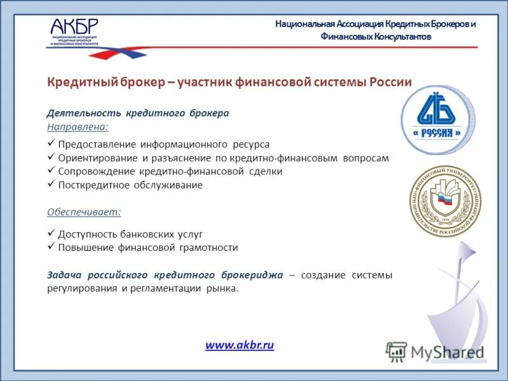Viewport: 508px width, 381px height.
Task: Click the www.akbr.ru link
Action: click(239, 345)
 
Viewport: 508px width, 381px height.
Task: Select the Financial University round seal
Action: click(444, 201)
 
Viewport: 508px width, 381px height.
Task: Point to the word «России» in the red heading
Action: click(389, 83)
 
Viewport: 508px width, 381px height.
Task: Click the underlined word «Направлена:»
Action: click(72, 127)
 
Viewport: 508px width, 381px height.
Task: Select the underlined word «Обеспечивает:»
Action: click(84, 211)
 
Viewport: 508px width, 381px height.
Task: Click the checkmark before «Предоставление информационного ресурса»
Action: click(51, 144)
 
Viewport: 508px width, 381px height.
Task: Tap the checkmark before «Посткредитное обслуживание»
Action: click(51, 185)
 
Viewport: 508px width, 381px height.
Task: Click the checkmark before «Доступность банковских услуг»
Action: click(51, 234)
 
